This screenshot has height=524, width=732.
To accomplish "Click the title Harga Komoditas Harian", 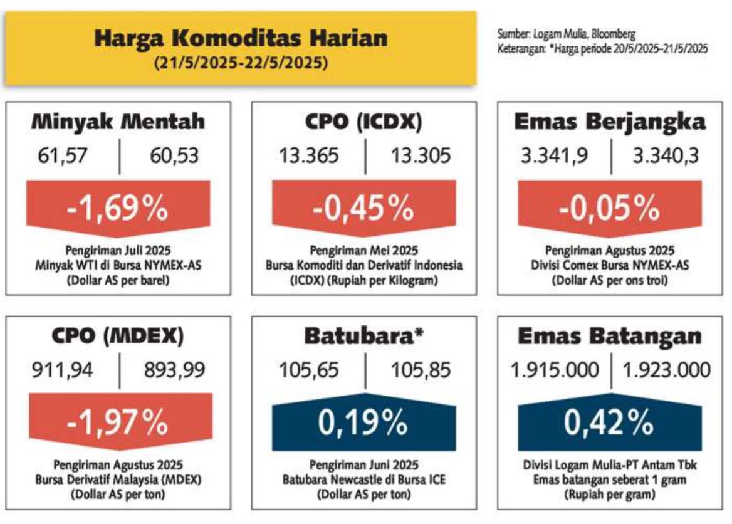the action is [241, 38].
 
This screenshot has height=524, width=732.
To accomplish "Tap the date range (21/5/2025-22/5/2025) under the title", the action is [241, 63].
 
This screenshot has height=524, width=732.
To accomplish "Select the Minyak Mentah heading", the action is [118, 122].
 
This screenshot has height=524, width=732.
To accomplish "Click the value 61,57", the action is [62, 155].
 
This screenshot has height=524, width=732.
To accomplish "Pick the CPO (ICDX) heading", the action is [363, 122].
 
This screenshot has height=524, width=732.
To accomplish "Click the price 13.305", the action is [421, 155].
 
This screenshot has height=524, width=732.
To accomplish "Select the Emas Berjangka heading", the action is [610, 122].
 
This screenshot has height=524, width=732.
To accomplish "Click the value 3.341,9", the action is [555, 155].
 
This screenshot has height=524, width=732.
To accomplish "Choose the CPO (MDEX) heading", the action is [118, 336].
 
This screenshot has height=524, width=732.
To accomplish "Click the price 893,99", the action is [174, 370].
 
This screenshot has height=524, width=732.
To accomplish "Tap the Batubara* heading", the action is [363, 335].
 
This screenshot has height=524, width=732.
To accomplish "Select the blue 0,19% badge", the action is [364, 422].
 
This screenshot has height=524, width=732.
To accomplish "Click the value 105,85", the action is [421, 370].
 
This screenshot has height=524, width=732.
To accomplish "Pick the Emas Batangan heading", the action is [610, 336].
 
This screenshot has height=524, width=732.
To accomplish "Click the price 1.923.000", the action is [667, 370].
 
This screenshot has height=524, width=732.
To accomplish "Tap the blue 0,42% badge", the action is [610, 422].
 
